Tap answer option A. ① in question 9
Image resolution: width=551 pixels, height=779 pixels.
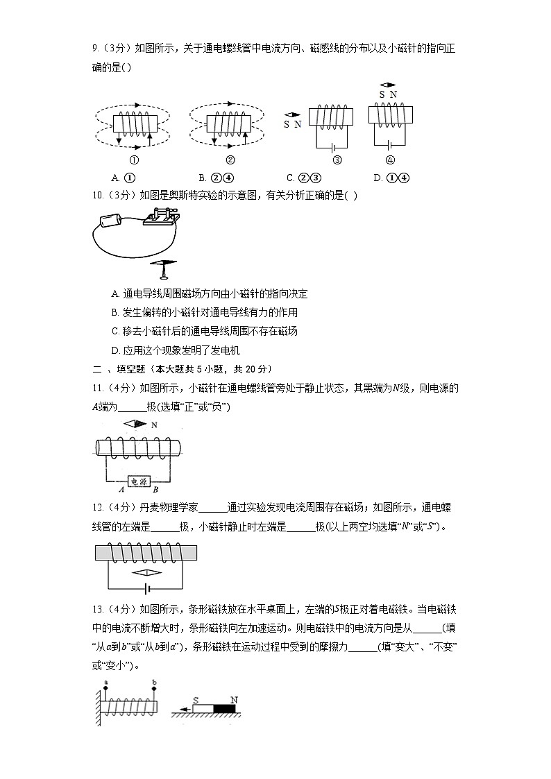click(x=123, y=178)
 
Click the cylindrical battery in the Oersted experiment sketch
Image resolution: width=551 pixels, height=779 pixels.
click(x=110, y=221)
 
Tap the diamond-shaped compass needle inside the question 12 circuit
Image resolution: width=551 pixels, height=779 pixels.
click(x=146, y=573)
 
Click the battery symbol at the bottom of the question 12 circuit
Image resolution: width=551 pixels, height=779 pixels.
click(x=146, y=588)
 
